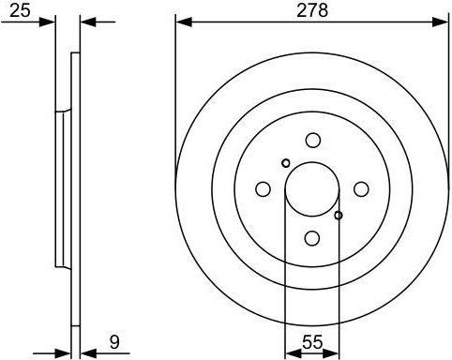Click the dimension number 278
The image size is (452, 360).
point(312,10)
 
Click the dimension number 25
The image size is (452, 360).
point(20,10)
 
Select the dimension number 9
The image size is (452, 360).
point(114,342)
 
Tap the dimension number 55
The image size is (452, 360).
point(312,342)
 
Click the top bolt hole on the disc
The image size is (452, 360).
point(312,141)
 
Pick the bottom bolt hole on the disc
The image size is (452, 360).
point(312,238)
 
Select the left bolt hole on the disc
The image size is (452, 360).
point(264,189)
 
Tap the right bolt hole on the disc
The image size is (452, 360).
point(361,189)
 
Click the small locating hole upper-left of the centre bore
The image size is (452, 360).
point(286,163)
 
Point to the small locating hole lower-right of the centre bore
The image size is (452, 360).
point(339,215)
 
